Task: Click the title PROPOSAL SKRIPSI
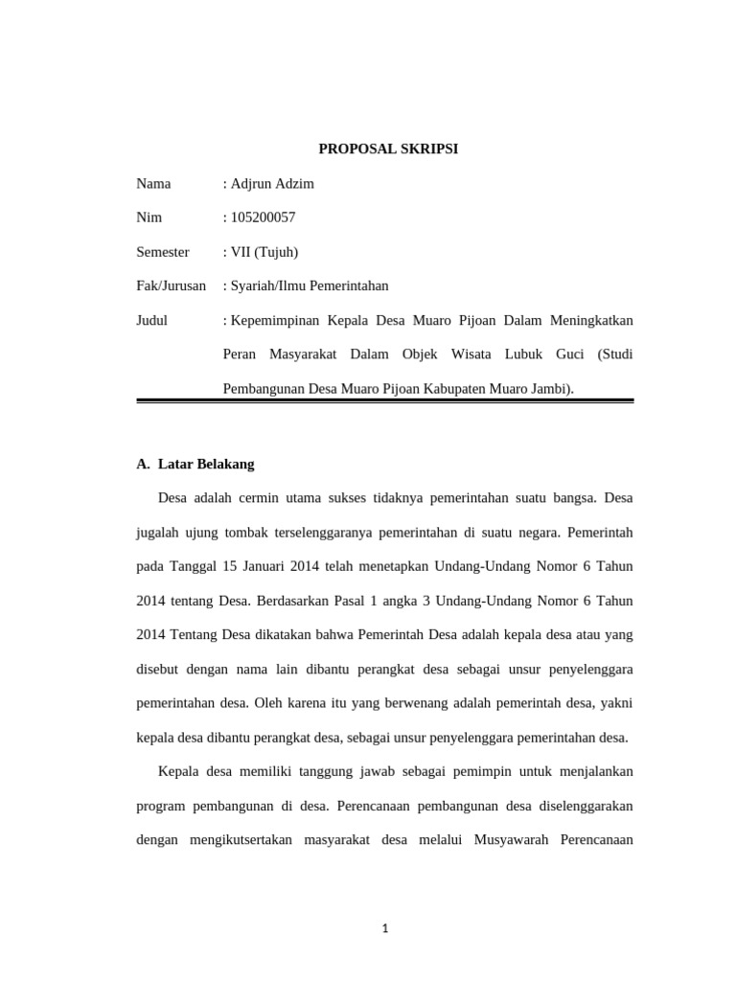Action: [388, 149]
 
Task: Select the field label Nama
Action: [153, 183]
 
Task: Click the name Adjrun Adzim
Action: [272, 183]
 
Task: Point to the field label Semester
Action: [163, 252]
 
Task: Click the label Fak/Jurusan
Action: [172, 285]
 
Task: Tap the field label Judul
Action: [152, 320]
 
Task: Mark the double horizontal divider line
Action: [385, 401]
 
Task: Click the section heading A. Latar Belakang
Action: [195, 464]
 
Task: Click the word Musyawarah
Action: [514, 840]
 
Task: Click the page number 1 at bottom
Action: [385, 928]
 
